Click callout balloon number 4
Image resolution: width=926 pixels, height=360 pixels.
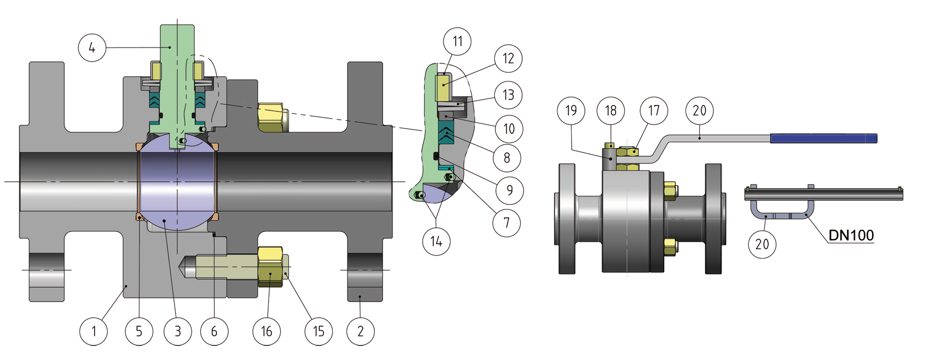pyautogui.click(x=92, y=48)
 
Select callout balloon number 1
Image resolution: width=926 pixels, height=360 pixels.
pyautogui.click(x=94, y=331)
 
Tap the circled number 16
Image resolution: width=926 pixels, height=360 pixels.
pyautogui.click(x=267, y=331)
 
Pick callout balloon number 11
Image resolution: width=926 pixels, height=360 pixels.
pyautogui.click(x=457, y=41)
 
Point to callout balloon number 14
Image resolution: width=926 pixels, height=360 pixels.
pyautogui.click(x=436, y=241)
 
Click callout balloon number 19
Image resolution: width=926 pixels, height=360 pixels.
pyautogui.click(x=571, y=110)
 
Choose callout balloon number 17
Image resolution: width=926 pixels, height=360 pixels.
pyautogui.click(x=654, y=110)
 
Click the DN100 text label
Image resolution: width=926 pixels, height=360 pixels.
pyautogui.click(x=851, y=236)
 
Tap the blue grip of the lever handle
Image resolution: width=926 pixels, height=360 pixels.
pyautogui.click(x=823, y=138)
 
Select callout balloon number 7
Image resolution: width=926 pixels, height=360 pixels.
pyautogui.click(x=506, y=223)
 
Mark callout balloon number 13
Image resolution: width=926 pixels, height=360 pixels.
pyautogui.click(x=508, y=95)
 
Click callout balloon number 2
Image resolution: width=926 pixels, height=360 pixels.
pyautogui.click(x=361, y=331)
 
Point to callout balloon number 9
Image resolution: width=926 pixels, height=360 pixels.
pyautogui.click(x=510, y=190)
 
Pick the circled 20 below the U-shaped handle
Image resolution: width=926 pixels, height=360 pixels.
pyautogui.click(x=762, y=244)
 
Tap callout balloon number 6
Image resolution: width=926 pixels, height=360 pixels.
pyautogui.click(x=214, y=331)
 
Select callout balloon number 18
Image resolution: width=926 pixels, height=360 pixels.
pyautogui.click(x=611, y=110)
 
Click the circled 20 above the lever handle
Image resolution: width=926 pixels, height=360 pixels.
pyautogui.click(x=699, y=110)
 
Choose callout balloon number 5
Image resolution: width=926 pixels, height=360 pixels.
pyautogui.click(x=139, y=331)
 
